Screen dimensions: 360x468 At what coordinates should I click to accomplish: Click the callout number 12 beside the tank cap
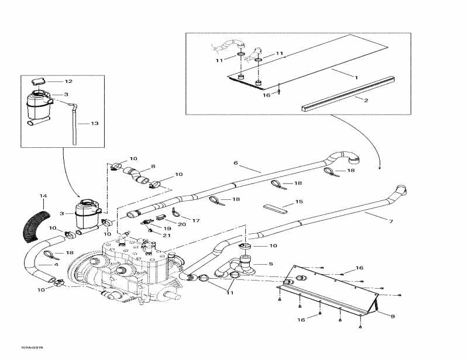(x=68, y=81)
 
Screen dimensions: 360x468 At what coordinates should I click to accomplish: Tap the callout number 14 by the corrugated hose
(x=42, y=195)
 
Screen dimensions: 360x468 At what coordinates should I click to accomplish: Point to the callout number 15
(x=299, y=202)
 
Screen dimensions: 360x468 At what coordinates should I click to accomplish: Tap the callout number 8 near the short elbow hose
(x=153, y=167)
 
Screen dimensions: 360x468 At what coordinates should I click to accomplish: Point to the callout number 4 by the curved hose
(x=56, y=264)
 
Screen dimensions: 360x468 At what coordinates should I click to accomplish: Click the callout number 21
(x=167, y=235)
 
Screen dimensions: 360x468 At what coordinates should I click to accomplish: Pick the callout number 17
(x=196, y=220)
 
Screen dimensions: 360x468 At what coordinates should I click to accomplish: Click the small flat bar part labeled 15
(x=274, y=207)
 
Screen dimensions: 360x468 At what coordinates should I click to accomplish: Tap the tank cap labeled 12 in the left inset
(x=39, y=81)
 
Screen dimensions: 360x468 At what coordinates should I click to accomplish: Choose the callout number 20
(x=182, y=224)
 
